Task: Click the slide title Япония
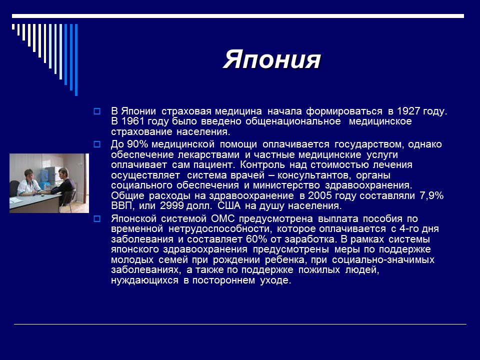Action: click(x=271, y=60)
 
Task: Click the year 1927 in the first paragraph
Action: click(x=409, y=111)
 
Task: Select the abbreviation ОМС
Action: click(x=225, y=218)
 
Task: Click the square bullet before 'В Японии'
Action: click(x=97, y=111)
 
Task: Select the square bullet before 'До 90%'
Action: click(x=97, y=144)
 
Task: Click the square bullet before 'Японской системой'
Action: click(x=97, y=218)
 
